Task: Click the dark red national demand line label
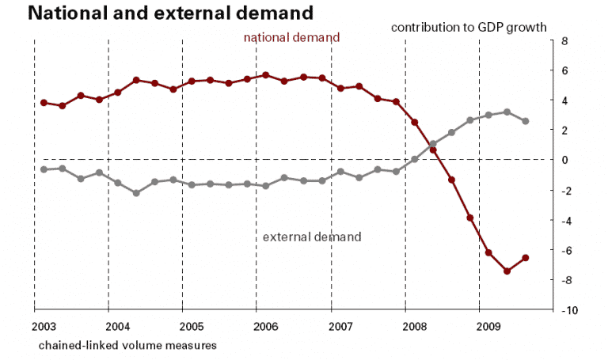pyautogui.click(x=291, y=37)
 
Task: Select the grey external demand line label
pyautogui.click(x=311, y=237)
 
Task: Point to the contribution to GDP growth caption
pyautogui.click(x=469, y=27)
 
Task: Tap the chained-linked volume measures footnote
pyautogui.click(x=127, y=345)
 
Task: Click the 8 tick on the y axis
pyautogui.click(x=566, y=40)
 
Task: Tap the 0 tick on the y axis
pyautogui.click(x=566, y=160)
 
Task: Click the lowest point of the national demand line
pyautogui.click(x=507, y=271)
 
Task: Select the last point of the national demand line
pyautogui.click(x=526, y=258)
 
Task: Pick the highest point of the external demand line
pyautogui.click(x=507, y=112)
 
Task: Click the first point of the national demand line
pyautogui.click(x=44, y=102)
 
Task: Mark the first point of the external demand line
pyautogui.click(x=44, y=169)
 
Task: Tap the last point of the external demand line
pyautogui.click(x=526, y=121)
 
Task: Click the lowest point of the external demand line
pyautogui.click(x=136, y=193)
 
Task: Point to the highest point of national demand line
pyautogui.click(x=265, y=75)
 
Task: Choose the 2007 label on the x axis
pyautogui.click(x=340, y=325)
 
